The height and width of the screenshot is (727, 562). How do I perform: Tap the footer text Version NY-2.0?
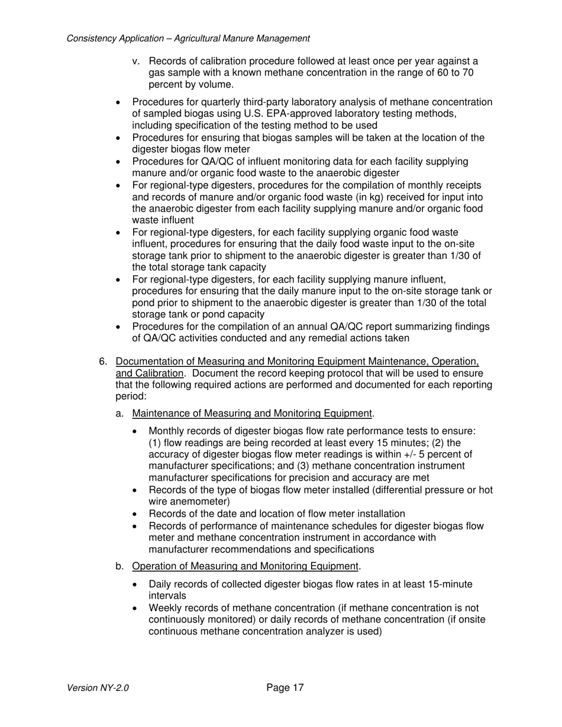(x=98, y=688)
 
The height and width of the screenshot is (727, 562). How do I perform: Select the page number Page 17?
(x=285, y=687)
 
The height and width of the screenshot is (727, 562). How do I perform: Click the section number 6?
(x=103, y=361)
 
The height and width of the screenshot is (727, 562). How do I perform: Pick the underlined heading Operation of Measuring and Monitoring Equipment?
(x=245, y=566)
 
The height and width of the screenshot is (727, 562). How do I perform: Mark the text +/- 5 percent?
(x=434, y=454)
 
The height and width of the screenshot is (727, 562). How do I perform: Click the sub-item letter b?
(x=119, y=566)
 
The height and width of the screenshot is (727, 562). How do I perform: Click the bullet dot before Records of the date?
(x=136, y=514)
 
